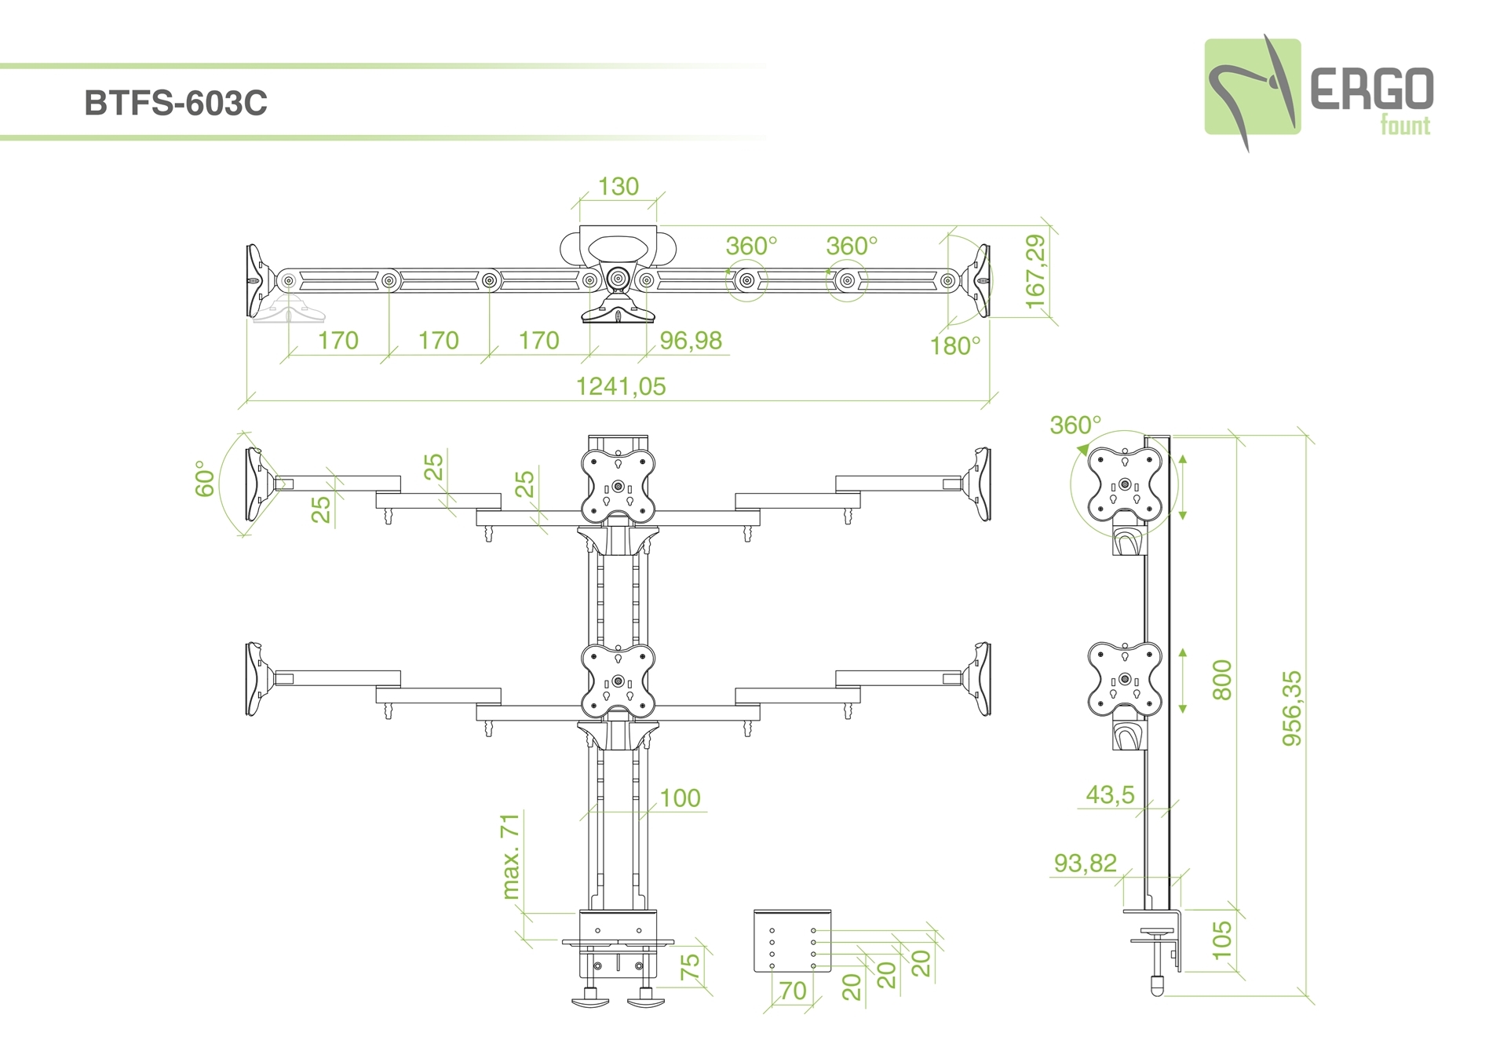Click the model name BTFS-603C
(176, 103)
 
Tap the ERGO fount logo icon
(1252, 88)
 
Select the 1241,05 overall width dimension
(620, 386)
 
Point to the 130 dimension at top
(618, 187)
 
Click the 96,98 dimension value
(690, 341)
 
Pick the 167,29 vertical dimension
(1036, 272)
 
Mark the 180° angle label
(954, 346)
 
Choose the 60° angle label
(205, 479)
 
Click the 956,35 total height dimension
(1291, 708)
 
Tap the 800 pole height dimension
(1222, 680)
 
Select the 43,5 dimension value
(1110, 795)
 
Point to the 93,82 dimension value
(1085, 863)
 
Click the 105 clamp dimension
(1222, 940)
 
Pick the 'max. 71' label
(510, 856)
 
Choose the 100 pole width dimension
(680, 798)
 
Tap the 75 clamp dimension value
(689, 966)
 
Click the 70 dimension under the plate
(793, 991)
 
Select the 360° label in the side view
(1075, 425)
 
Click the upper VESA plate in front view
(618, 487)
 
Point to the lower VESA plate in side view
(1125, 680)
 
